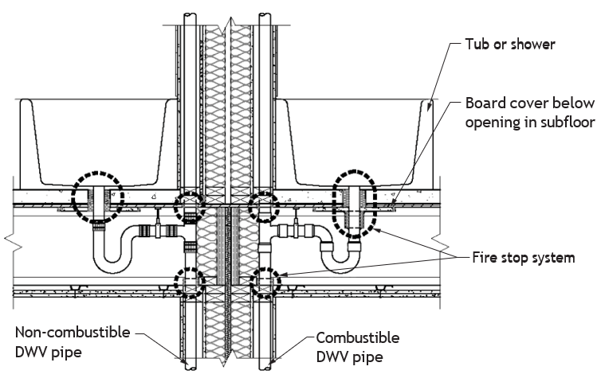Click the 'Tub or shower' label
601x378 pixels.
coord(510,45)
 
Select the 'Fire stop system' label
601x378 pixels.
coord(524,258)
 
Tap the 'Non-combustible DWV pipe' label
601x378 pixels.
coord(73,341)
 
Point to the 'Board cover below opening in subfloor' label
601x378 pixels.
coord(530,113)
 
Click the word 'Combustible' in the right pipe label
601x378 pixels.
coord(358,338)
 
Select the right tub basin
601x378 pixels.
coord(355,142)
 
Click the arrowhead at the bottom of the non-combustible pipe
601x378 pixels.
coord(185,361)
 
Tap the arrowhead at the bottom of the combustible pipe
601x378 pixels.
coord(270,360)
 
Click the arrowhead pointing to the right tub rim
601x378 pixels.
coord(429,108)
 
